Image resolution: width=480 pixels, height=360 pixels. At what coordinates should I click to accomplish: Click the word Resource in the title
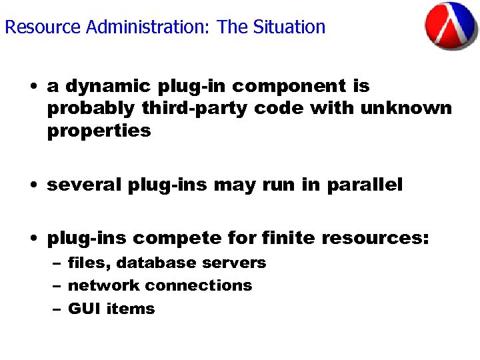click(x=33, y=27)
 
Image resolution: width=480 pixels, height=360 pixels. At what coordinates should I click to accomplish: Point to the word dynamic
click(x=109, y=87)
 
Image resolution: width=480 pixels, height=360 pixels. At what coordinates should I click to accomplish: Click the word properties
click(x=99, y=131)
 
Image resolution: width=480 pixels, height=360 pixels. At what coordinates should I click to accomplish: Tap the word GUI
click(x=82, y=309)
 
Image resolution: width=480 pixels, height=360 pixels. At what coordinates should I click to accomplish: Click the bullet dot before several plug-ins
click(x=33, y=185)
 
